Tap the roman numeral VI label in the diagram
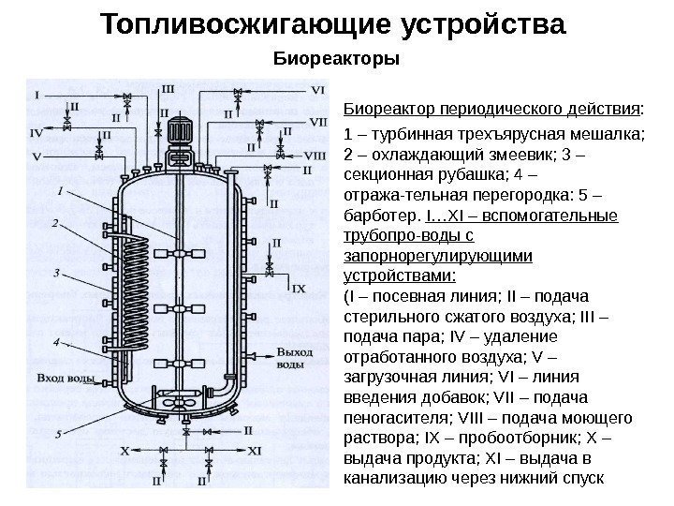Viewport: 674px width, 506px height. pyautogui.click(x=318, y=90)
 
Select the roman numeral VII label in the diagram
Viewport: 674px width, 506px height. pyautogui.click(x=318, y=122)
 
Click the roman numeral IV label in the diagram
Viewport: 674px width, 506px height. pyautogui.click(x=37, y=133)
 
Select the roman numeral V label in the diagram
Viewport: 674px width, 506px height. pyautogui.click(x=37, y=156)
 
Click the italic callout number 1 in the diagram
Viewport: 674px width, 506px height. pyautogui.click(x=61, y=189)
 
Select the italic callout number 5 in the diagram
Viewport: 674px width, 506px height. pyautogui.click(x=59, y=434)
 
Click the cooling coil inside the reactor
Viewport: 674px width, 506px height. pyautogui.click(x=139, y=290)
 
